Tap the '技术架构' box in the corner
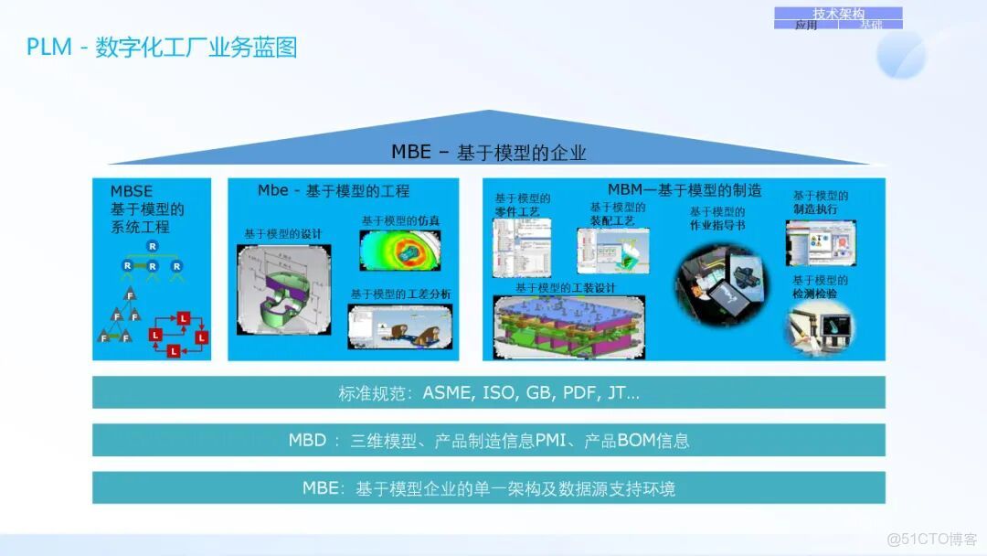click(838, 13)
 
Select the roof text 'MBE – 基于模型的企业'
click(489, 152)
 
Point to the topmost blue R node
click(153, 247)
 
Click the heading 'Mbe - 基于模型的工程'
click(334, 191)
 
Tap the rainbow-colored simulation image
click(400, 251)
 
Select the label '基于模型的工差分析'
click(400, 294)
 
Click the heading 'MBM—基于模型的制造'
click(685, 190)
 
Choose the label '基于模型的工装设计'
click(565, 287)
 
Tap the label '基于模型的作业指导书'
click(717, 218)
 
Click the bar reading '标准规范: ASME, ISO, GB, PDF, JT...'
click(489, 393)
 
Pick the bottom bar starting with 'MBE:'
click(489, 488)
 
